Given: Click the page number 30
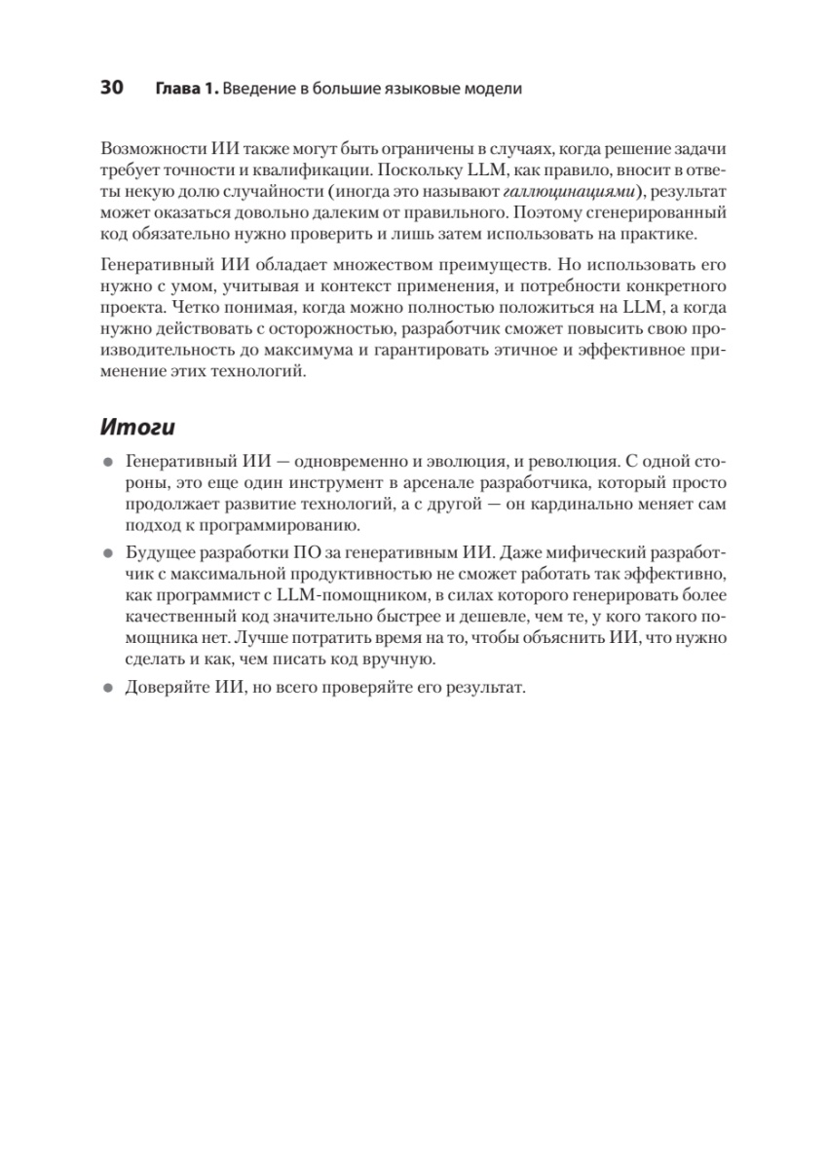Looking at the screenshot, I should tap(111, 89).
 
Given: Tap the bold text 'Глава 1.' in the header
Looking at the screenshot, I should tap(186, 89).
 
